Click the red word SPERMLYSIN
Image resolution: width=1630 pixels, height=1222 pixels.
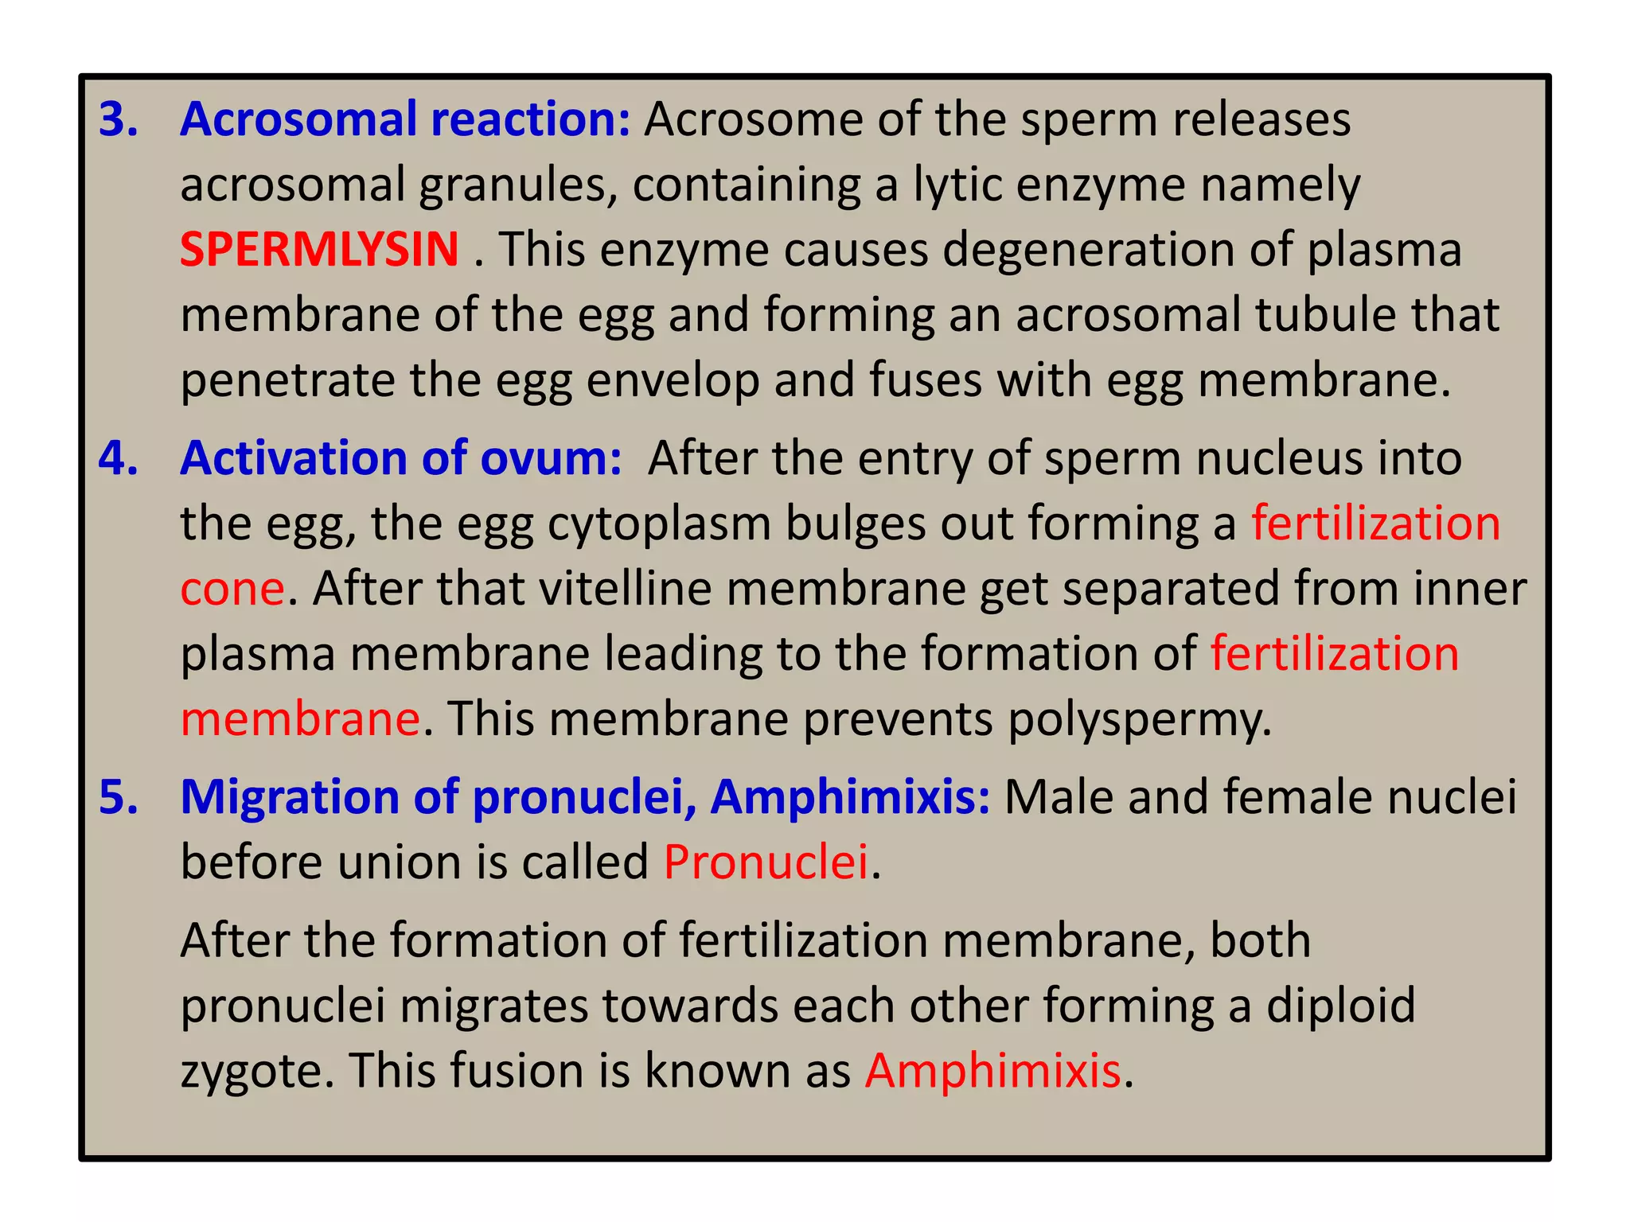pyautogui.click(x=319, y=249)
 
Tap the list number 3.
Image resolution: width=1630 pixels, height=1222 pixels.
pyautogui.click(x=119, y=119)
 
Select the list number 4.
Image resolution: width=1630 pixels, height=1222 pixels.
pyautogui.click(x=119, y=458)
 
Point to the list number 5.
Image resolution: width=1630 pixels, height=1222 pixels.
pyautogui.click(x=119, y=797)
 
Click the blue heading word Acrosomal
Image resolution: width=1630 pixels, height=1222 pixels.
pyautogui.click(x=298, y=119)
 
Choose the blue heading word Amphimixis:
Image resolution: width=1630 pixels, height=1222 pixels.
pyautogui.click(x=850, y=797)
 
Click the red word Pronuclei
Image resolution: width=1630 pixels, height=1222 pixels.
pyautogui.click(x=766, y=862)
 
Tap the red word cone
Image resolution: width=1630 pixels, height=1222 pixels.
pyautogui.click(x=232, y=589)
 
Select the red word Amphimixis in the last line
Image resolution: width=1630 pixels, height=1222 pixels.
pyautogui.click(x=993, y=1071)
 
